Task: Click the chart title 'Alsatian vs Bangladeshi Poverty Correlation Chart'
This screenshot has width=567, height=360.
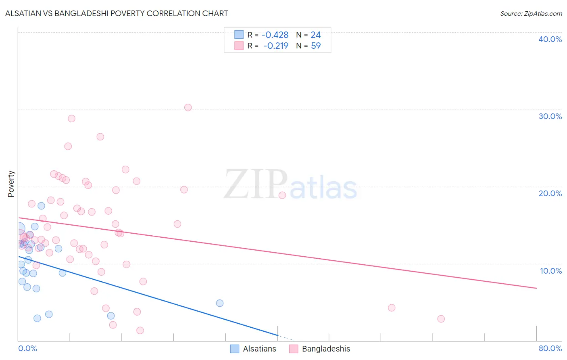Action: [117, 13]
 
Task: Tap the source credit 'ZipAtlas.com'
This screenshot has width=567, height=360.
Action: [531, 13]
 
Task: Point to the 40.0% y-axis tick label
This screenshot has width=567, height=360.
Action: [550, 39]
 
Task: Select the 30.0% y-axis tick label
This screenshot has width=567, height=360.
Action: [550, 116]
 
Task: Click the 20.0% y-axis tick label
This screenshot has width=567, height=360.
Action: [550, 193]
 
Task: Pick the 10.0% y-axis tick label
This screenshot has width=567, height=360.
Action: [550, 271]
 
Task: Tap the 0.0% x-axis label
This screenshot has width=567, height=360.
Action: [27, 348]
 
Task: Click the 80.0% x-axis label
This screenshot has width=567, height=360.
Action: [550, 348]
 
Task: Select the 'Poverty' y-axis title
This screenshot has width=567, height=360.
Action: [11, 184]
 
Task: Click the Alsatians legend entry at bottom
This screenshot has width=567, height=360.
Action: [253, 349]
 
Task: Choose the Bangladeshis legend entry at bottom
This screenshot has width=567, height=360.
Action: [320, 349]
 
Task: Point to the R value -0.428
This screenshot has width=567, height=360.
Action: [275, 35]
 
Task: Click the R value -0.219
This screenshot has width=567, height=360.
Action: [275, 46]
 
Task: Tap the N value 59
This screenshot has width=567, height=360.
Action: [316, 46]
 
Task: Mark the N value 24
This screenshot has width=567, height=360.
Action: [316, 35]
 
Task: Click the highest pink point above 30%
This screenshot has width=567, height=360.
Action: [188, 107]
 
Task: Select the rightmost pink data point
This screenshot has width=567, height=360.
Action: [441, 319]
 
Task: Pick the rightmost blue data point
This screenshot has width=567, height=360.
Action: [220, 303]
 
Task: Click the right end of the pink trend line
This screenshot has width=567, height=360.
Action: [536, 288]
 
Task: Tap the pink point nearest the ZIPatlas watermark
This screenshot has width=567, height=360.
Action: [282, 195]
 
